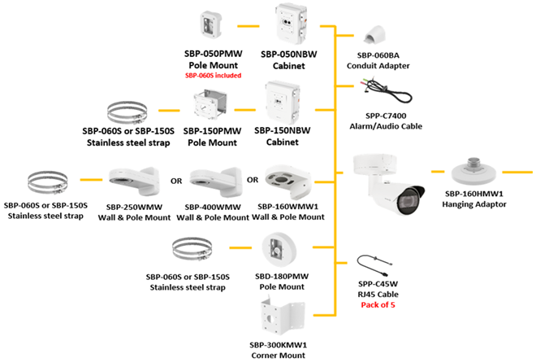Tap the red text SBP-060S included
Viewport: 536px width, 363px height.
[x=214, y=74]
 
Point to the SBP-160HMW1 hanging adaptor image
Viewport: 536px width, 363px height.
[x=475, y=171]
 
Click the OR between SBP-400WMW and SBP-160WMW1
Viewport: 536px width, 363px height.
[x=252, y=179]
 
